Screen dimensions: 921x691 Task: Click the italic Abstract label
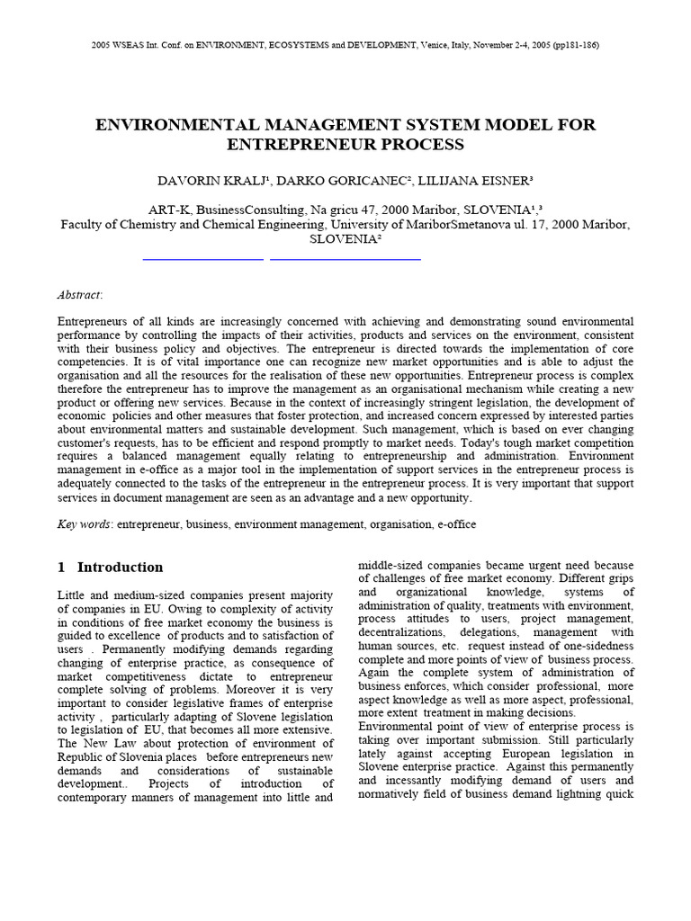point(79,294)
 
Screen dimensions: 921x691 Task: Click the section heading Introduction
point(121,568)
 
